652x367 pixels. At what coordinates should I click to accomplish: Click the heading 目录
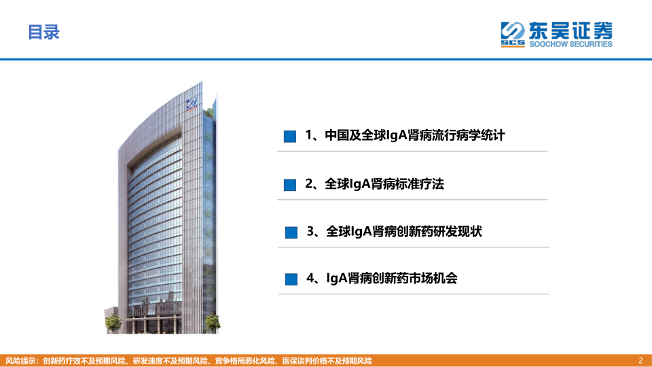(43, 33)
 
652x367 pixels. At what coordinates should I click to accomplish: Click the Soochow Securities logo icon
(513, 34)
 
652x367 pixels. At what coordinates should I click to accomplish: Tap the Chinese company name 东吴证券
(570, 30)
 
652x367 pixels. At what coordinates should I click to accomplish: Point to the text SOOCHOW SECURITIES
(570, 44)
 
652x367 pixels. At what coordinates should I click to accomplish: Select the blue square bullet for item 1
(290, 137)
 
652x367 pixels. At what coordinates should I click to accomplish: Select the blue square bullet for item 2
(290, 185)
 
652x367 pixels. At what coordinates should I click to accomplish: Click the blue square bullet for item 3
(291, 232)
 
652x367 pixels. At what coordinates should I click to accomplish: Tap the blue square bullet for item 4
(291, 279)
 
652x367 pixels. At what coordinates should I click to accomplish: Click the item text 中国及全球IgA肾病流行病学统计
(415, 135)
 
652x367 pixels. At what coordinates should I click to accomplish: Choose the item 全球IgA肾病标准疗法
(384, 183)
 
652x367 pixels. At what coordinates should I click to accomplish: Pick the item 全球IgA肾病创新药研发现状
(404, 231)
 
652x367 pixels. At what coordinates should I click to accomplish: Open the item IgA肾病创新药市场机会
(392, 278)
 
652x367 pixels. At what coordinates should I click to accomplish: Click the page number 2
(640, 360)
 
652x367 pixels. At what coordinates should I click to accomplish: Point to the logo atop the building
(192, 103)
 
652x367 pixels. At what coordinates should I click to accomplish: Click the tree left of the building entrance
(113, 323)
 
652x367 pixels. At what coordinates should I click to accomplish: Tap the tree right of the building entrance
(212, 322)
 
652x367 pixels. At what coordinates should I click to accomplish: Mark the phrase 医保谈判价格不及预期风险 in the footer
(327, 361)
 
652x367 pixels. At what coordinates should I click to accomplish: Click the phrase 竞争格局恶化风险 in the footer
(245, 361)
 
